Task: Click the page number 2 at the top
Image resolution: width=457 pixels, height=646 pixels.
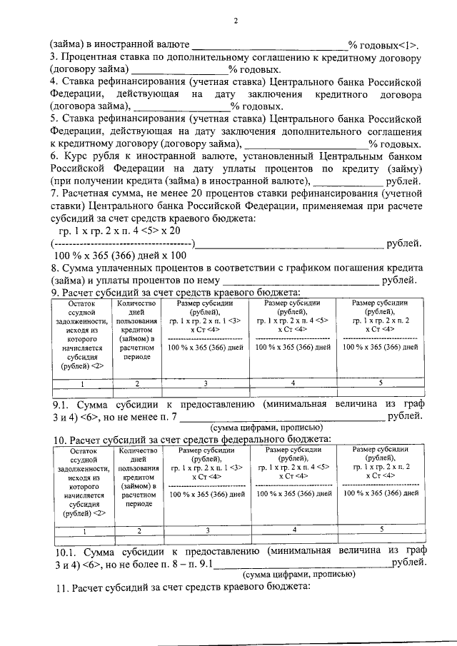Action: pyautogui.click(x=235, y=21)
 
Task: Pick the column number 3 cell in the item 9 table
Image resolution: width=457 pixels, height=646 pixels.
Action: pyautogui.click(x=206, y=383)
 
